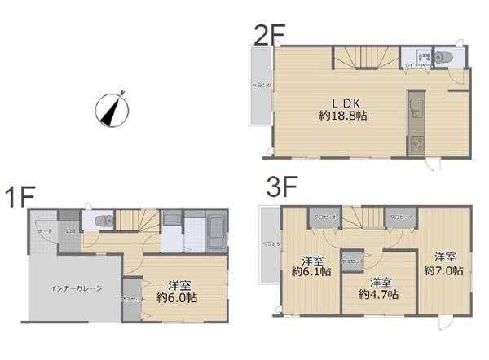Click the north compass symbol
click(109, 109)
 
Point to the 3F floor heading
click(279, 187)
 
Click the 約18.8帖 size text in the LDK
click(342, 116)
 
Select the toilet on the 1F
click(101, 221)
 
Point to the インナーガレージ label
click(76, 288)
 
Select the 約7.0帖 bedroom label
click(444, 270)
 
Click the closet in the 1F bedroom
click(130, 298)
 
